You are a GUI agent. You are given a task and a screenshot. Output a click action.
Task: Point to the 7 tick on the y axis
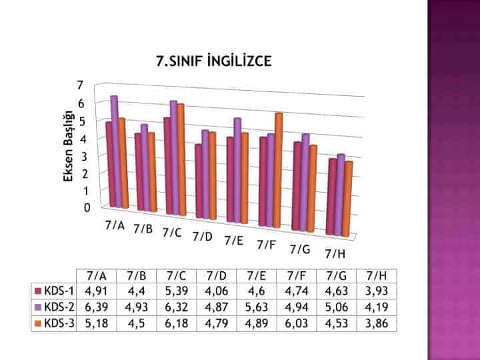pyautogui.click(x=80, y=85)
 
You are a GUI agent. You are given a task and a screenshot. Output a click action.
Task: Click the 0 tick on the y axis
pyautogui.click(x=87, y=207)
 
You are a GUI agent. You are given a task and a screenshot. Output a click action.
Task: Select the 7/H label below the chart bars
pyautogui.click(x=334, y=254)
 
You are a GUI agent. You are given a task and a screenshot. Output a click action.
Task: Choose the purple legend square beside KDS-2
pyautogui.click(x=39, y=307)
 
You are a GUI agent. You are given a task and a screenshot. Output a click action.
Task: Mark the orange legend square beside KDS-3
pyautogui.click(x=39, y=324)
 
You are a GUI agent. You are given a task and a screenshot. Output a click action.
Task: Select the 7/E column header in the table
pyautogui.click(x=257, y=275)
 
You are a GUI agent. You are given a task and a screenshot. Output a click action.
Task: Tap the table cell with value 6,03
pyautogui.click(x=297, y=324)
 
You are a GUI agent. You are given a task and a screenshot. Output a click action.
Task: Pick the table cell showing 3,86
pyautogui.click(x=377, y=324)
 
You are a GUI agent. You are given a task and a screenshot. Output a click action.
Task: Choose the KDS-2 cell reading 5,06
pyautogui.click(x=337, y=307)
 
